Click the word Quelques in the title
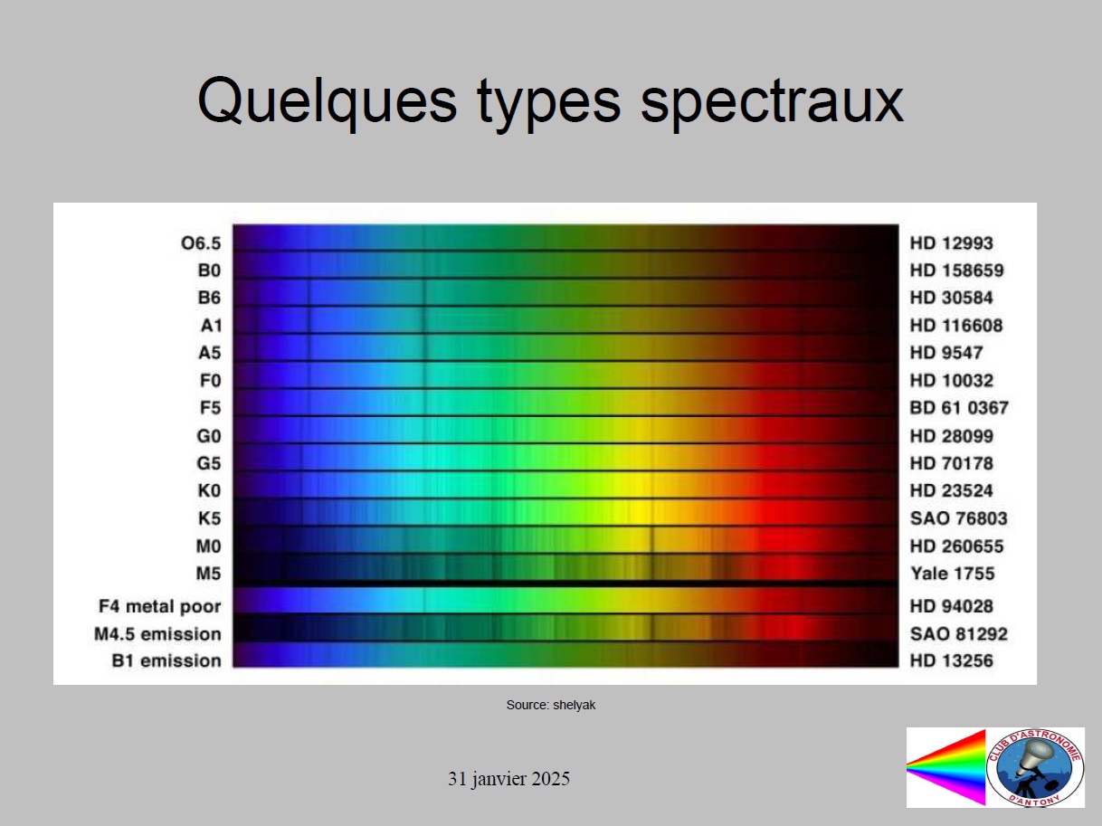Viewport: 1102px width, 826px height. click(327, 104)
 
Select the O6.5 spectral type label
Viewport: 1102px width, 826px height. click(201, 243)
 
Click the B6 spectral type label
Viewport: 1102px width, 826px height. click(209, 298)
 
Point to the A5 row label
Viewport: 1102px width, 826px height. click(210, 353)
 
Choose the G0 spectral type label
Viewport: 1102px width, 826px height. click(209, 435)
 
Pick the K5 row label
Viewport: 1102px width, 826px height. click(209, 517)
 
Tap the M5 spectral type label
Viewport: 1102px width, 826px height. click(208, 573)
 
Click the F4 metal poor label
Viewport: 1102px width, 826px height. click(159, 607)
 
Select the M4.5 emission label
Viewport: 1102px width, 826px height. click(157, 634)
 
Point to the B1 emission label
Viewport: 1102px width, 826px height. click(166, 660)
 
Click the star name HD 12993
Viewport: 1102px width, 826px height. click(952, 243)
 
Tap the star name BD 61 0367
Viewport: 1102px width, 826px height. click(959, 407)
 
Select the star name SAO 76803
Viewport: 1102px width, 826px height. click(959, 517)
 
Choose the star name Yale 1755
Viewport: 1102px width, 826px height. click(953, 573)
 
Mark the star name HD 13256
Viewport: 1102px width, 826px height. click(952, 660)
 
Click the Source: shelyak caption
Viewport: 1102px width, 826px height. click(551, 706)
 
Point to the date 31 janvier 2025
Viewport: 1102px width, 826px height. click(508, 779)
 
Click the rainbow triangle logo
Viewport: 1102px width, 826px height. click(945, 767)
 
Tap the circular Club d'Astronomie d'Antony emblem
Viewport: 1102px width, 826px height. click(1035, 768)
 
